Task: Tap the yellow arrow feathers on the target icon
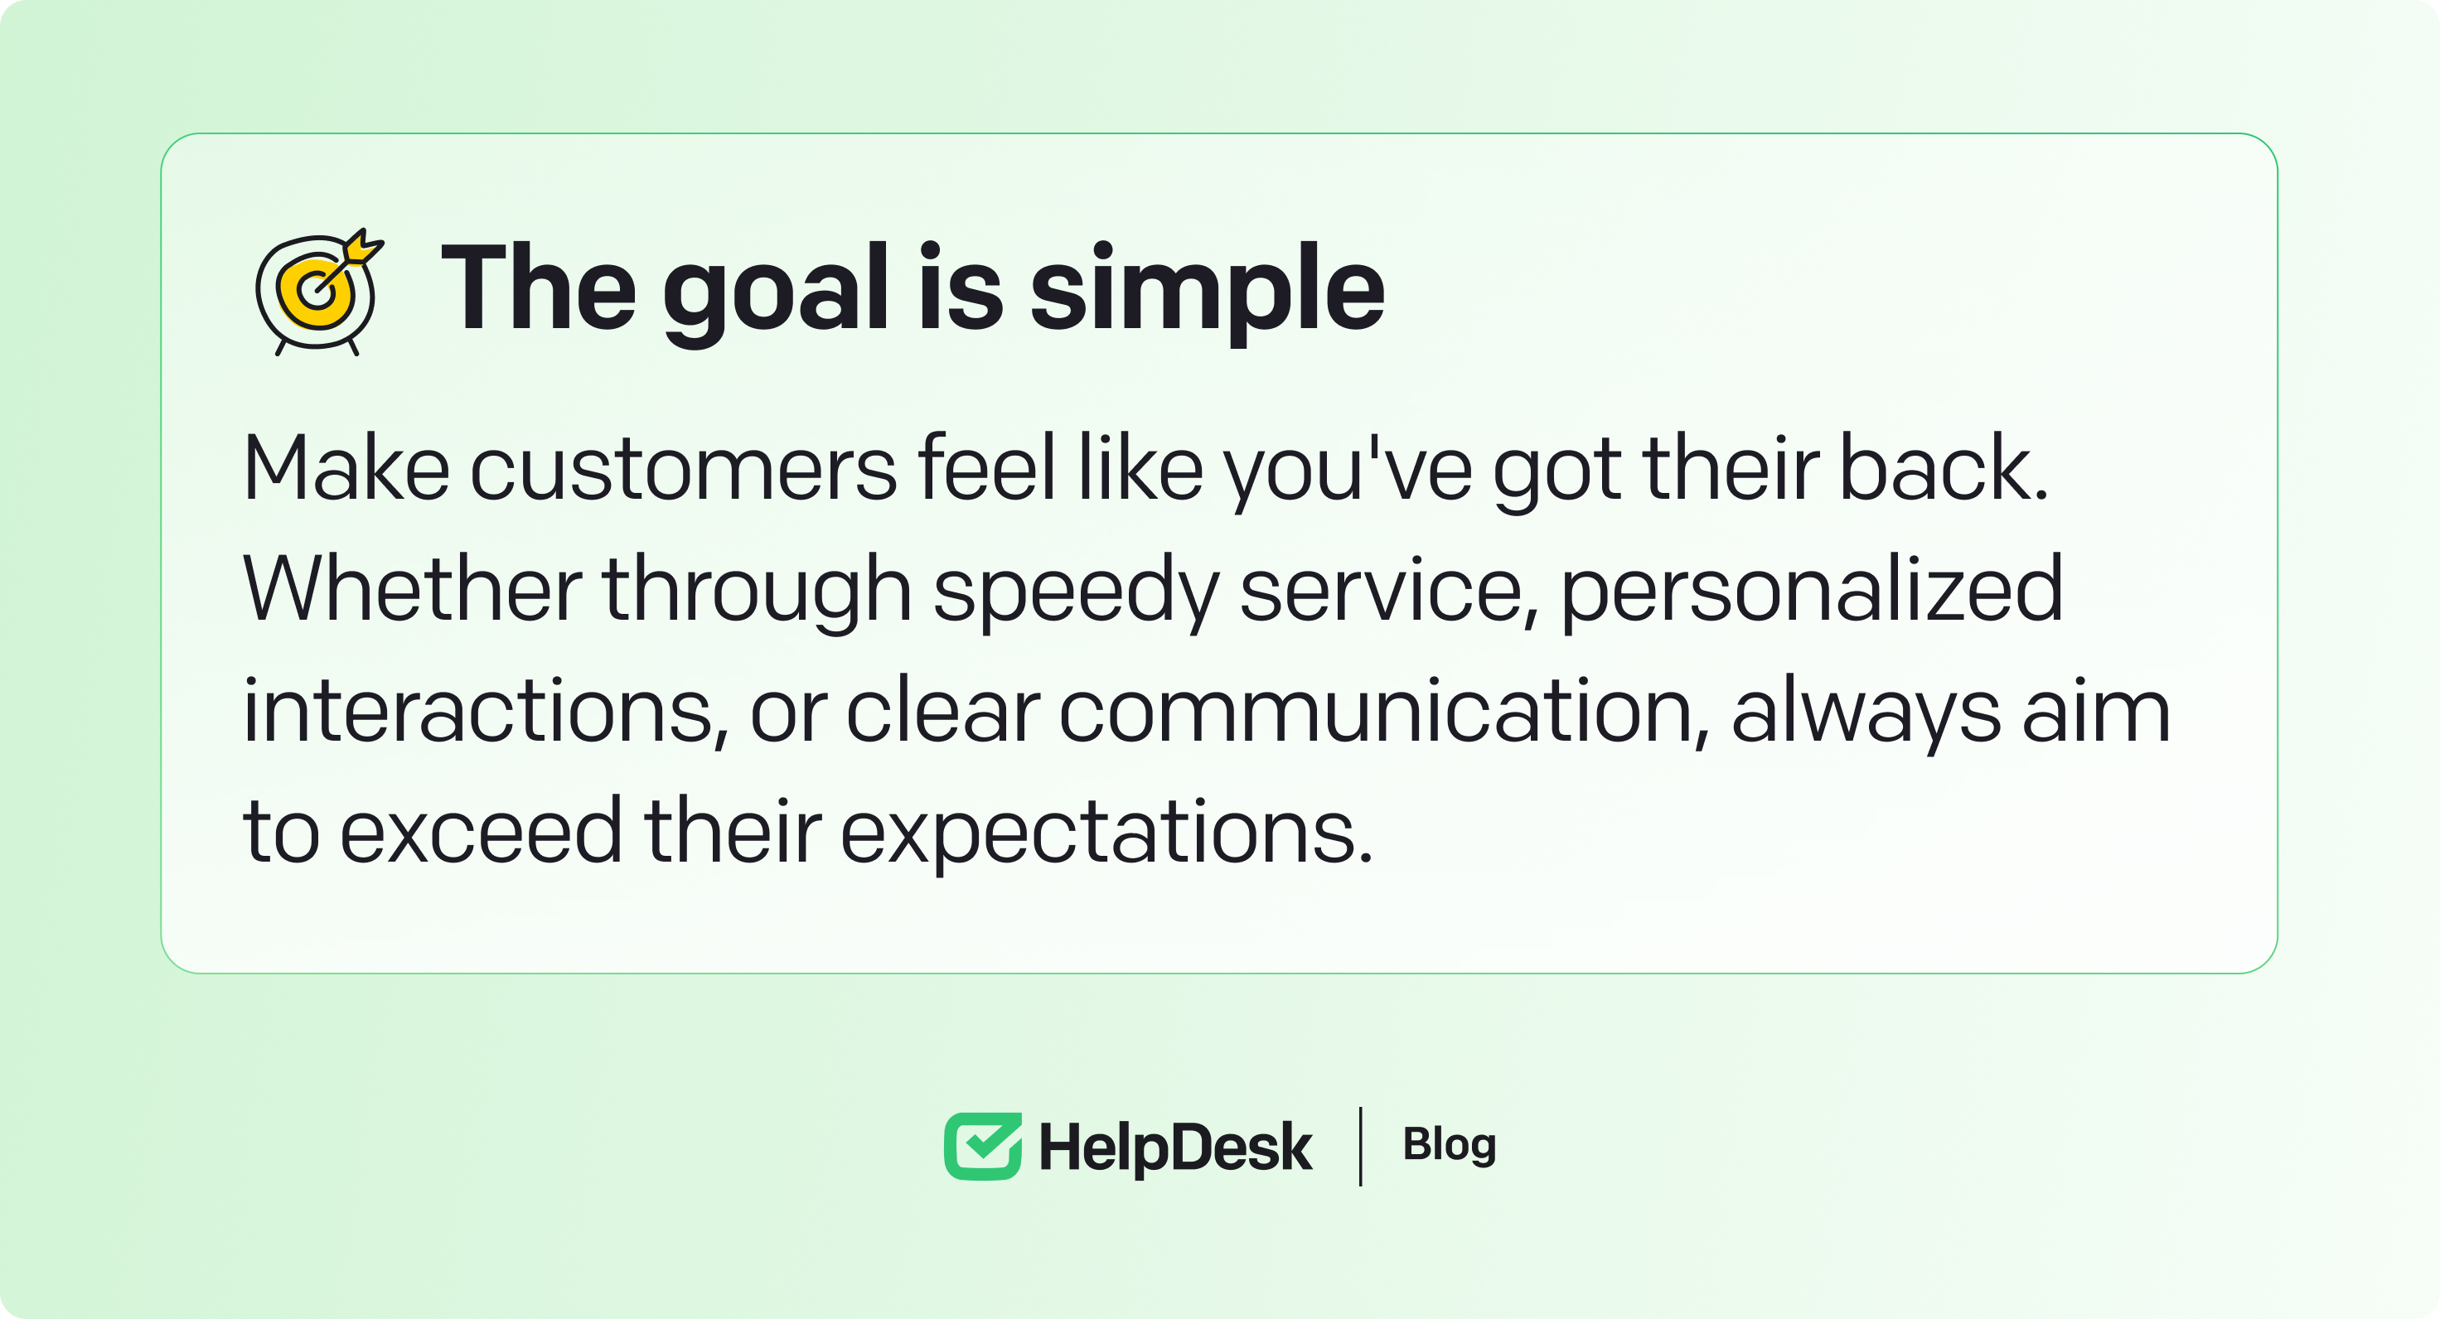(x=363, y=246)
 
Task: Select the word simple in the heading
(x=1208, y=293)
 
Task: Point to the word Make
(x=346, y=468)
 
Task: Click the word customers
(x=683, y=468)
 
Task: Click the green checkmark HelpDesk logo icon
(x=983, y=1147)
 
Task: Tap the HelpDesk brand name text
(x=1175, y=1147)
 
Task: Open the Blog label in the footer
(x=1450, y=1146)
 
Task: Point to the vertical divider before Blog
(x=1360, y=1147)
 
